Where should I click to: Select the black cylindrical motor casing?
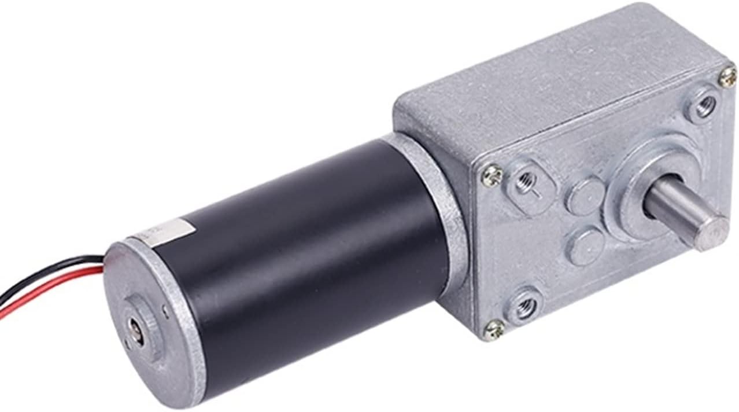click(301, 255)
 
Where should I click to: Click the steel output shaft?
click(679, 211)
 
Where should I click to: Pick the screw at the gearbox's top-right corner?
click(727, 76)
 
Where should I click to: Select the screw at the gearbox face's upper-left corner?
click(492, 175)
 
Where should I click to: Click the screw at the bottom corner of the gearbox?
click(494, 330)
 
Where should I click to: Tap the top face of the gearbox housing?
click(555, 81)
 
